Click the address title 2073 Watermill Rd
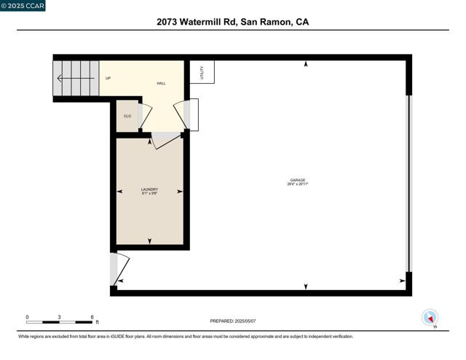(x=232, y=22)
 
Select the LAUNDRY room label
(x=149, y=191)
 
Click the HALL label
(x=161, y=83)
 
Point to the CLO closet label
(x=127, y=116)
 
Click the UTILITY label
(x=202, y=72)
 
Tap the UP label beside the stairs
(x=108, y=78)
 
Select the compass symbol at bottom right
(x=430, y=318)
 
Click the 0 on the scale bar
(x=27, y=316)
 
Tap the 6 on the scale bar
(x=92, y=316)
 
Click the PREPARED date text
(x=232, y=321)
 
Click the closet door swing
(x=145, y=116)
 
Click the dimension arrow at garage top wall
(x=306, y=65)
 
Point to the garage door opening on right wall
(x=408, y=182)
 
